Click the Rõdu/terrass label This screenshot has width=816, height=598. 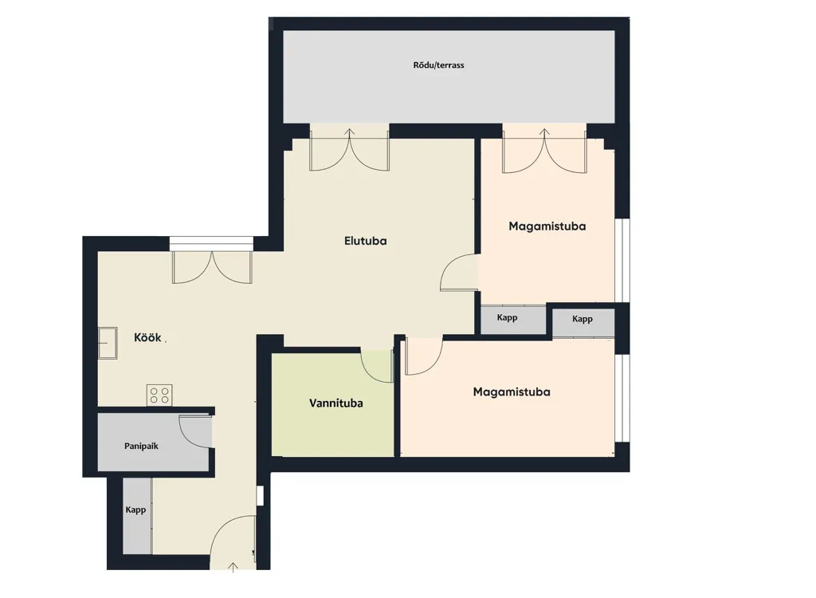pyautogui.click(x=438, y=65)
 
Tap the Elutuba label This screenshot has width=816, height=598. pyautogui.click(x=365, y=241)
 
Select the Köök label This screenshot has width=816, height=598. pyautogui.click(x=147, y=337)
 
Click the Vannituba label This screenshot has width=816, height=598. pyautogui.click(x=335, y=403)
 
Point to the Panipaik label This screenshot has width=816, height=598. pyautogui.click(x=141, y=446)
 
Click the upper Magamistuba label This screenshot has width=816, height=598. pyautogui.click(x=547, y=226)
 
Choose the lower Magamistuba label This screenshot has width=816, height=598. pyautogui.click(x=512, y=391)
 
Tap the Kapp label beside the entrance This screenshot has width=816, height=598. pyautogui.click(x=135, y=510)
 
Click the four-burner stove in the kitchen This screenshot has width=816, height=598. pyautogui.click(x=159, y=395)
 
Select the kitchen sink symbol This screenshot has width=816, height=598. pyautogui.click(x=108, y=343)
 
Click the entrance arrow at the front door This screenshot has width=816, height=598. pyautogui.click(x=233, y=568)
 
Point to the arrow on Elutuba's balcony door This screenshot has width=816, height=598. pyautogui.click(x=349, y=133)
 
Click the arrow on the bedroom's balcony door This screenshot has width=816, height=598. pyautogui.click(x=544, y=133)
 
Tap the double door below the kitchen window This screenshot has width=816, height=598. pyautogui.click(x=212, y=268)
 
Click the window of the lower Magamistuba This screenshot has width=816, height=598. pyautogui.click(x=622, y=398)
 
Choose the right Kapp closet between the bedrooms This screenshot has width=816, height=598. pyautogui.click(x=583, y=322)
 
